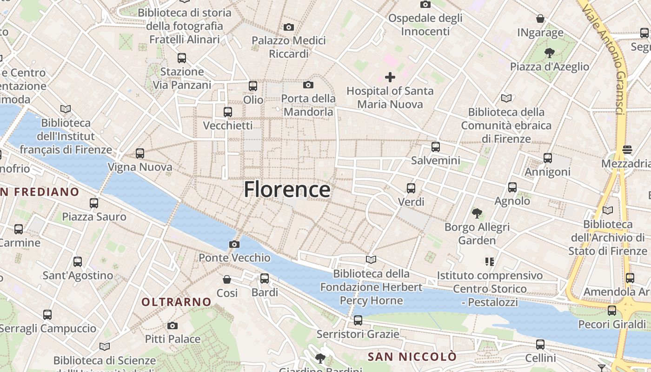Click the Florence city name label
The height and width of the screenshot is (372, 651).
pyautogui.click(x=287, y=190)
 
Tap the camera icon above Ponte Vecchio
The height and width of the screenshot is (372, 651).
pyautogui.click(x=234, y=244)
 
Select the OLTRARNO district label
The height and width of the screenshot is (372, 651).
pyautogui.click(x=176, y=302)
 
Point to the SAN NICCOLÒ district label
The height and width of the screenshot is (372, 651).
pyautogui.click(x=412, y=357)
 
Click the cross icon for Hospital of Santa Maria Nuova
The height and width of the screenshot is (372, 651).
pyautogui.click(x=390, y=77)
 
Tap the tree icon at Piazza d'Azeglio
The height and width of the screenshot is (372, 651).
pyautogui.click(x=550, y=53)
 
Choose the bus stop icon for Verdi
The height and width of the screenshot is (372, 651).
pyautogui.click(x=411, y=188)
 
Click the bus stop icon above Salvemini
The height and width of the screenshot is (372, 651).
pyautogui.click(x=436, y=147)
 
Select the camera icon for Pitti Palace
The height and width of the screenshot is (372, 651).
pyautogui.click(x=173, y=325)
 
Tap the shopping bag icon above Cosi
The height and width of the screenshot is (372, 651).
pyautogui.click(x=227, y=279)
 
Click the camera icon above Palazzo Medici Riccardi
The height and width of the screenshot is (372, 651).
pyautogui.click(x=289, y=27)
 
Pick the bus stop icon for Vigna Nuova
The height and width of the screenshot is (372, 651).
pyautogui.click(x=140, y=153)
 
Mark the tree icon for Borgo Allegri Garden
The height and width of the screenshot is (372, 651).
pyautogui.click(x=477, y=213)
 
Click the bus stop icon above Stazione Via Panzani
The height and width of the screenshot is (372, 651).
pyautogui.click(x=182, y=58)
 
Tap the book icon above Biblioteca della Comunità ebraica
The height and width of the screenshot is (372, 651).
pyautogui.click(x=506, y=98)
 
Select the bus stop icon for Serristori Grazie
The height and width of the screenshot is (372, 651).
pyautogui.click(x=358, y=320)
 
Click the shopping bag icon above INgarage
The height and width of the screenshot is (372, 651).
pyautogui.click(x=540, y=19)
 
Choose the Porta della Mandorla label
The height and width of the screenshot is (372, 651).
pyautogui.click(x=308, y=105)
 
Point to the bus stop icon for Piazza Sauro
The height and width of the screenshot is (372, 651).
pyautogui.click(x=94, y=203)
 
